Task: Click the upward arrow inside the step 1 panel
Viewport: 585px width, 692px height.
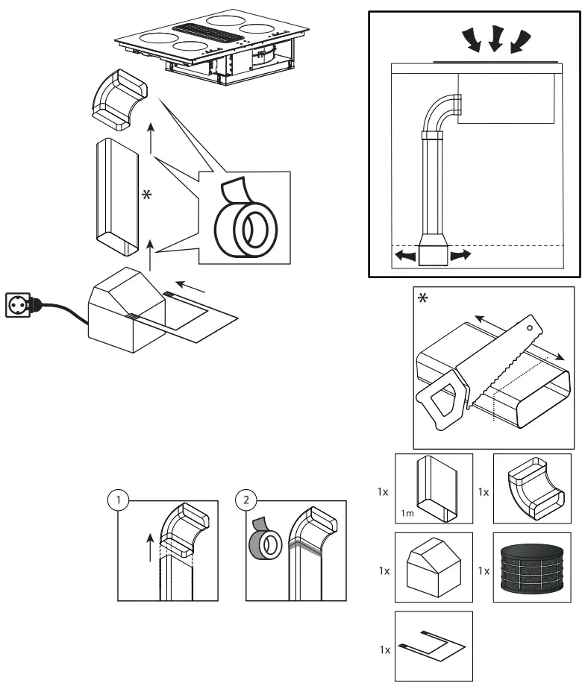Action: point(151,549)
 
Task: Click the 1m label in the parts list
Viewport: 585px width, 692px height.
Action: point(409,514)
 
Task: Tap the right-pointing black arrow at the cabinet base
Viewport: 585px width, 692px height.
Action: point(460,256)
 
